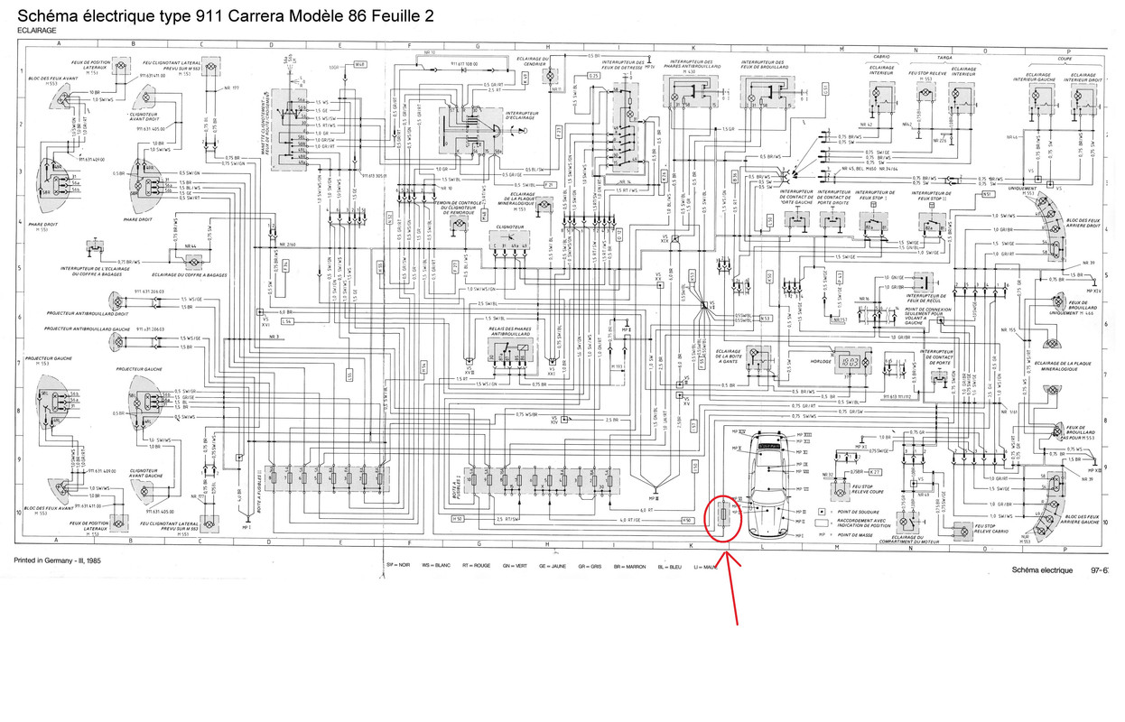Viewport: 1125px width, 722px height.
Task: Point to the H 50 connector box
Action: tap(458, 519)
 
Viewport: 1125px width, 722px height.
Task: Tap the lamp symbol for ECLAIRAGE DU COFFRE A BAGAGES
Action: tap(192, 261)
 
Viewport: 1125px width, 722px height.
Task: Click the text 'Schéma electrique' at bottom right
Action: tap(1043, 571)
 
